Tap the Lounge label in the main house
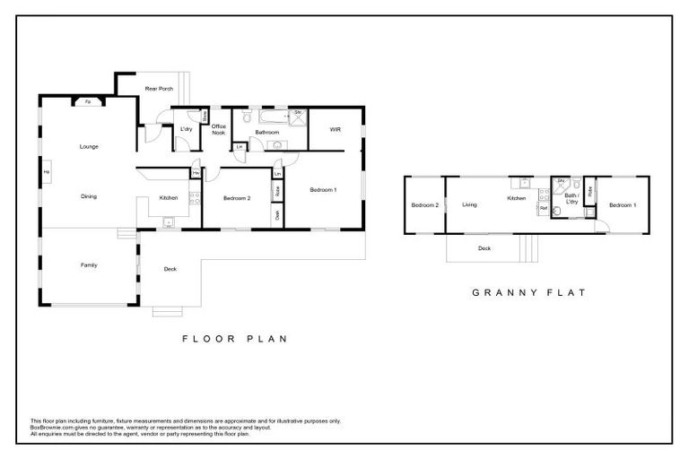(x=89, y=146)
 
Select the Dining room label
(x=89, y=196)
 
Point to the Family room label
(x=89, y=264)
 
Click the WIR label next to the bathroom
(x=335, y=130)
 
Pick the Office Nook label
(x=218, y=129)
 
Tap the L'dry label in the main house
(x=187, y=130)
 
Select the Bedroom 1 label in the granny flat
(x=622, y=205)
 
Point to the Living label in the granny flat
(x=469, y=205)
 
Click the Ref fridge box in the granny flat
(x=543, y=208)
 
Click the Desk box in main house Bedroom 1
(x=277, y=214)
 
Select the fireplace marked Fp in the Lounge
(x=87, y=102)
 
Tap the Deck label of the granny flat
(x=484, y=248)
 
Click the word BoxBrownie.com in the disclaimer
(x=50, y=426)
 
